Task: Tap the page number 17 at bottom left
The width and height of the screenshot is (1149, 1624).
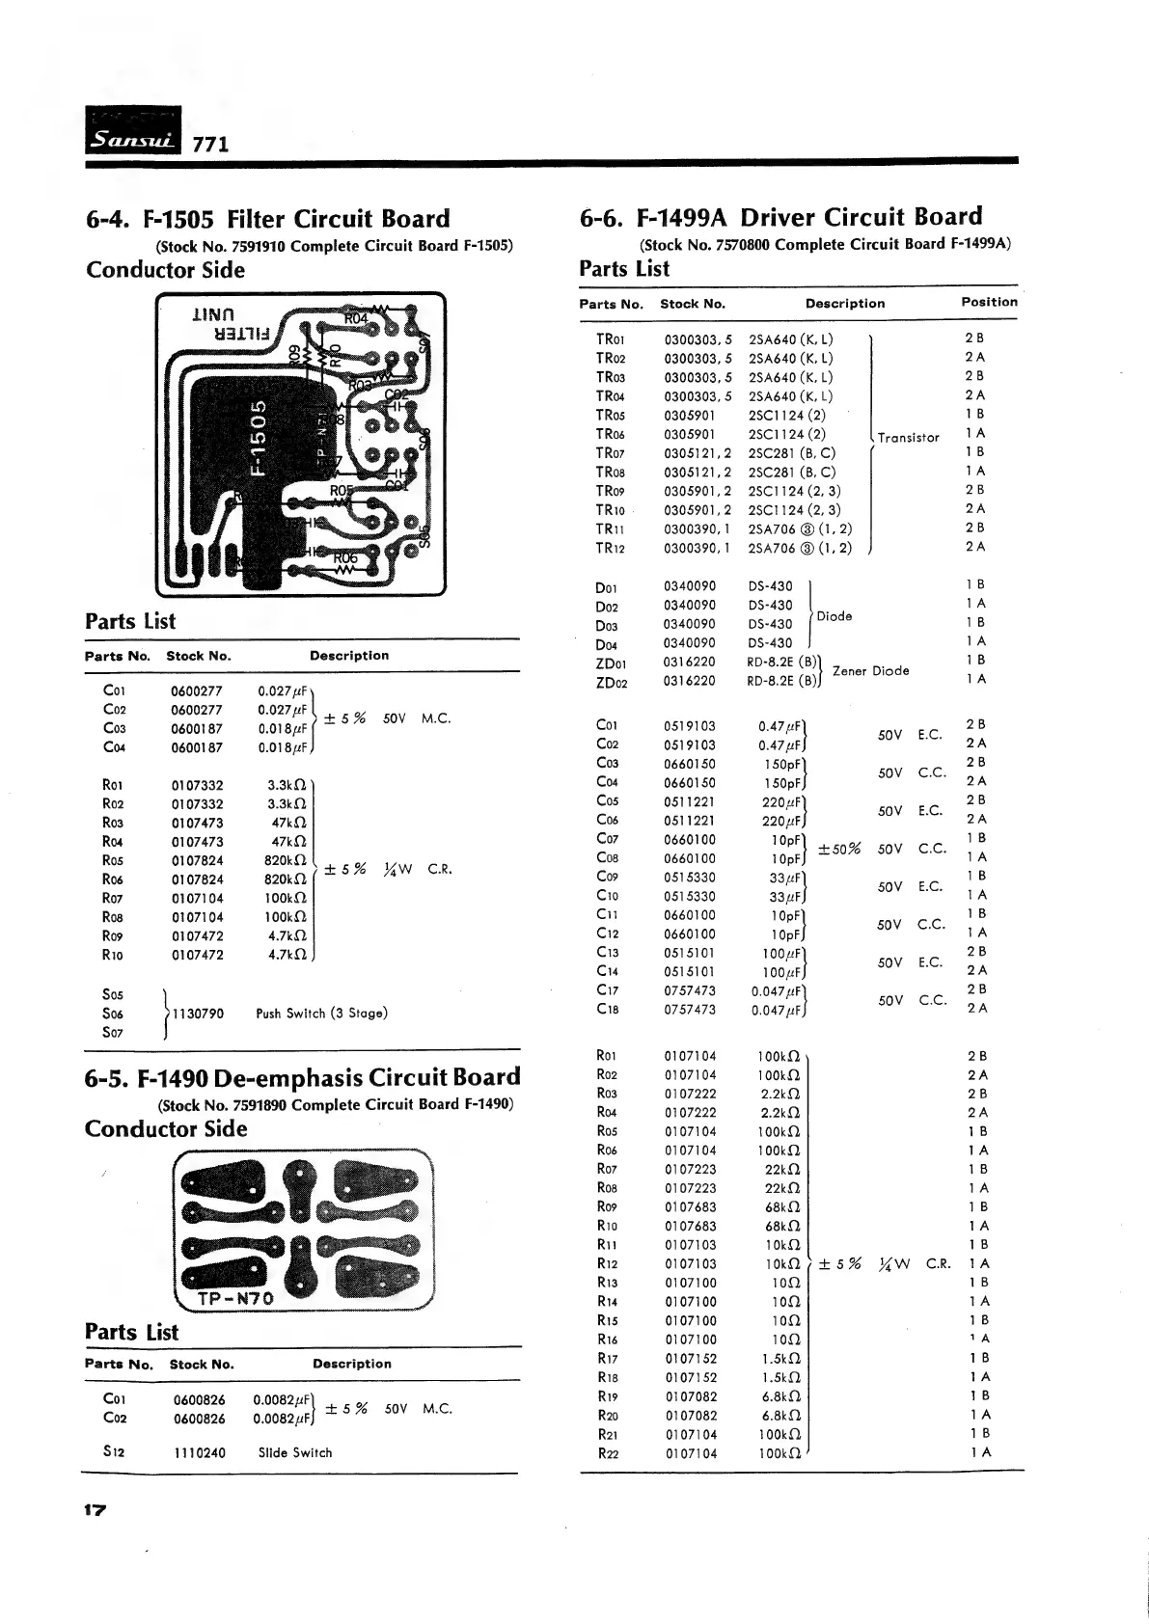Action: tap(98, 1509)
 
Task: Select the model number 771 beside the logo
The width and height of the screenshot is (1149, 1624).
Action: tap(210, 145)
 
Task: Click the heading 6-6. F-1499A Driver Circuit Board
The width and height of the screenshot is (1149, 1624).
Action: tap(780, 218)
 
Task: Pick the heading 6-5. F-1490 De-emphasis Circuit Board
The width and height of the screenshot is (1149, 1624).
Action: tap(303, 1077)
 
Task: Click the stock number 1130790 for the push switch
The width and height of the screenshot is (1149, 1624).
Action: tap(197, 1014)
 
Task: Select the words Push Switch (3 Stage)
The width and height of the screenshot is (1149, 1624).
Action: tap(321, 1014)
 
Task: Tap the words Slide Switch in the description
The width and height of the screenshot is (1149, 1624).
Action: tap(294, 1452)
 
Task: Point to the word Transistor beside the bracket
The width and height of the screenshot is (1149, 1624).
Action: tap(908, 438)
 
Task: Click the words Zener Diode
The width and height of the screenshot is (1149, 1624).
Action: tap(870, 671)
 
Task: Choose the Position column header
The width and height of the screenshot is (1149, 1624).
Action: tap(989, 302)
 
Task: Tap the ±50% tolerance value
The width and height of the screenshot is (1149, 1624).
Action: tap(838, 849)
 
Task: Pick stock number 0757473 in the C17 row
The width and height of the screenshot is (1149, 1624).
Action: tap(690, 990)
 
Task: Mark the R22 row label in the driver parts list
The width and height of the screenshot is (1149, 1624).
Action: tap(608, 1453)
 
